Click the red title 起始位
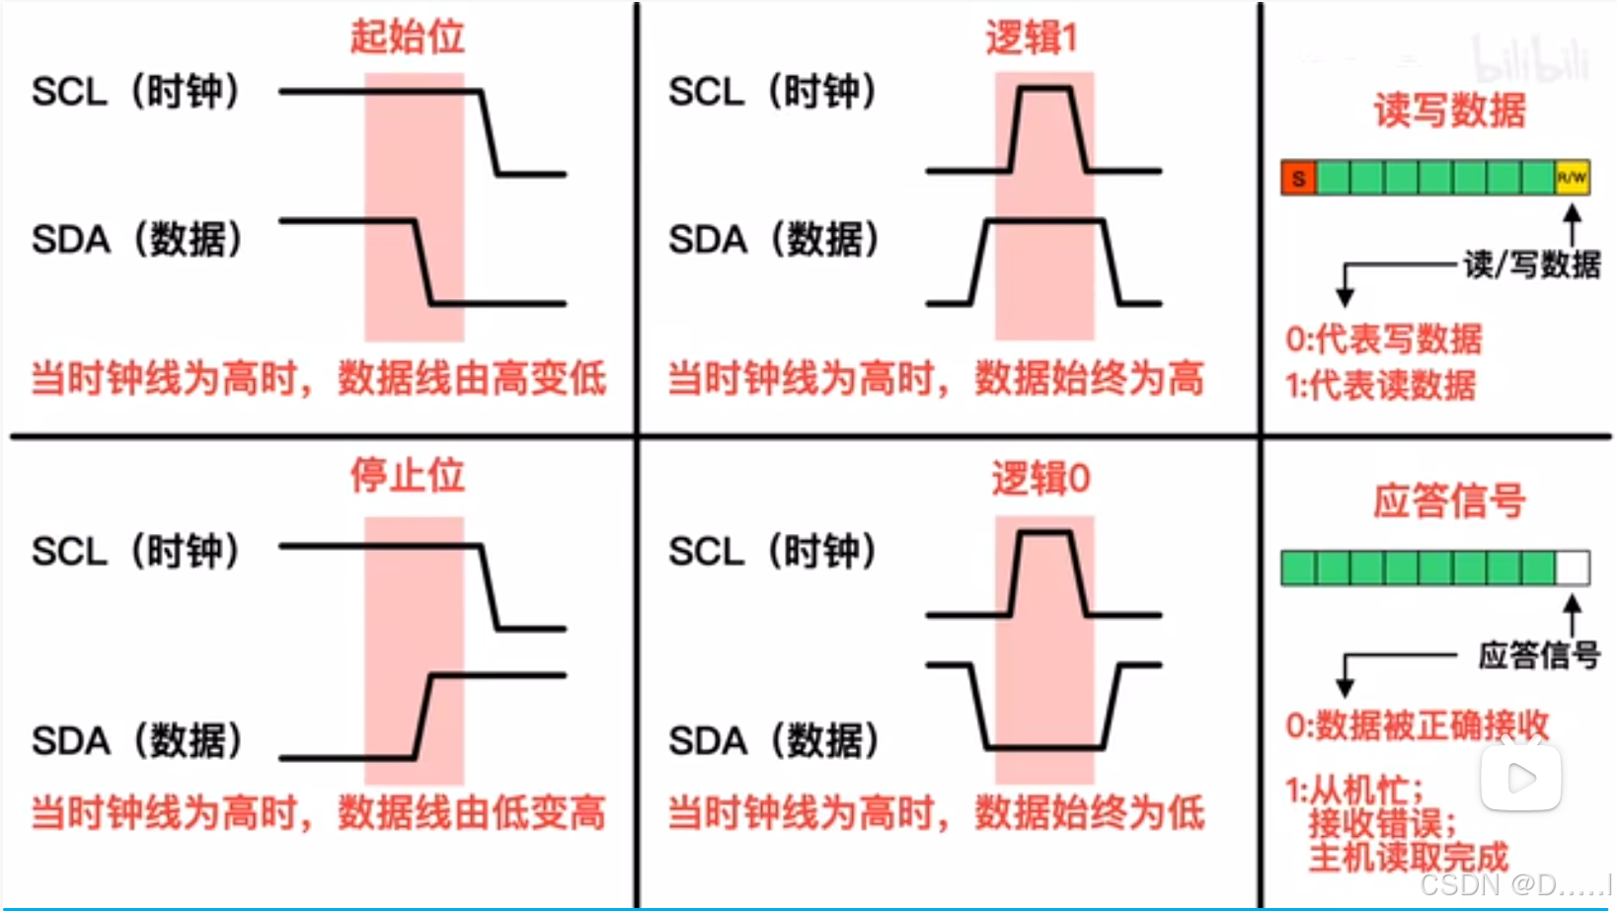(x=407, y=37)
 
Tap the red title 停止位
(x=407, y=476)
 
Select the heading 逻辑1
(x=1031, y=38)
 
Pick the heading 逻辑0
(x=1040, y=479)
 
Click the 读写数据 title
(x=1449, y=110)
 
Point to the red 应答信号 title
(x=1449, y=501)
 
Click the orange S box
(x=1298, y=178)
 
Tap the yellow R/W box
(x=1572, y=178)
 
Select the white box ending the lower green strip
(x=1573, y=569)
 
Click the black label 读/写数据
(x=1531, y=265)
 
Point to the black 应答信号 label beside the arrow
(x=1538, y=654)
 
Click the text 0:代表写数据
(x=1383, y=339)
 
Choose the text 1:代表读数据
(x=1380, y=385)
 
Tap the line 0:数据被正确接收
(x=1417, y=725)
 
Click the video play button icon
(x=1521, y=778)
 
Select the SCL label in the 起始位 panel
(x=136, y=92)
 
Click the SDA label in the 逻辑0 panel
(x=773, y=740)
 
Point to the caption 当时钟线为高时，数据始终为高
(x=936, y=378)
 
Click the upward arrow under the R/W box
(x=1573, y=222)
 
